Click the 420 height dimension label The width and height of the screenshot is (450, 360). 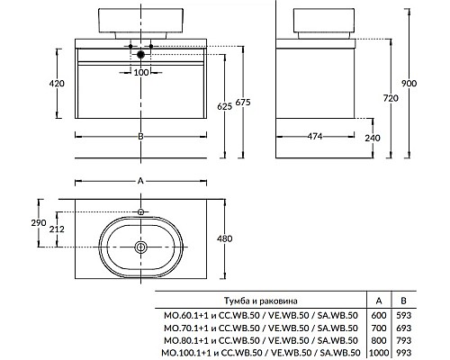tap(57, 83)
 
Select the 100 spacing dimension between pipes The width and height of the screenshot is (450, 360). tap(141, 72)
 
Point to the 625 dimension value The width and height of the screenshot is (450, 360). tap(225, 106)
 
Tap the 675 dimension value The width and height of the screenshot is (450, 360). tap(243, 103)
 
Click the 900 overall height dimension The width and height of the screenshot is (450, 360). tap(409, 83)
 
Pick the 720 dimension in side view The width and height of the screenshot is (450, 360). tap(391, 98)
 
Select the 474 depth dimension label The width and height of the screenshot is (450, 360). tap(315, 137)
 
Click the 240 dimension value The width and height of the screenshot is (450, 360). tap(373, 138)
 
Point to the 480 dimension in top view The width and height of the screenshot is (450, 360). tap(225, 238)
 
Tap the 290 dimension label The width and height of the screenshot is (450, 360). tap(39, 222)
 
